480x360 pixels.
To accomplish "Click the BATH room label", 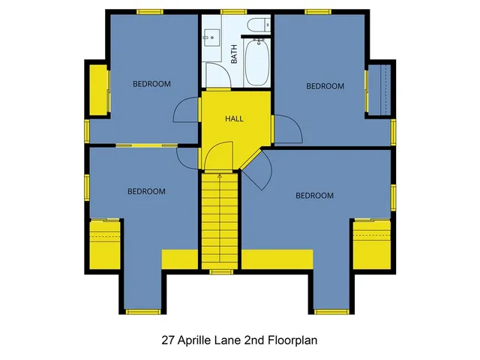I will click(x=234, y=54).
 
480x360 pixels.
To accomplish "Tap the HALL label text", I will click(x=234, y=118).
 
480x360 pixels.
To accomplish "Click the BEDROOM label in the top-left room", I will click(x=152, y=84).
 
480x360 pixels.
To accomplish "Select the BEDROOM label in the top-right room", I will click(x=325, y=86).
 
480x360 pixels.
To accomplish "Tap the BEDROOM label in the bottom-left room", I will click(x=146, y=191).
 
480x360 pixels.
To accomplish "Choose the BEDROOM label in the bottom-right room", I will click(x=314, y=196).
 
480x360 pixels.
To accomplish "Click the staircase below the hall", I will click(x=220, y=221).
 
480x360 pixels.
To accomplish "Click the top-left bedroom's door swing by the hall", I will click(x=186, y=112).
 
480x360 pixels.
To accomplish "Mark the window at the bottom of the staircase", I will click(x=220, y=271).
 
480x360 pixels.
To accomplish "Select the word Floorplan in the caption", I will click(x=292, y=340).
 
